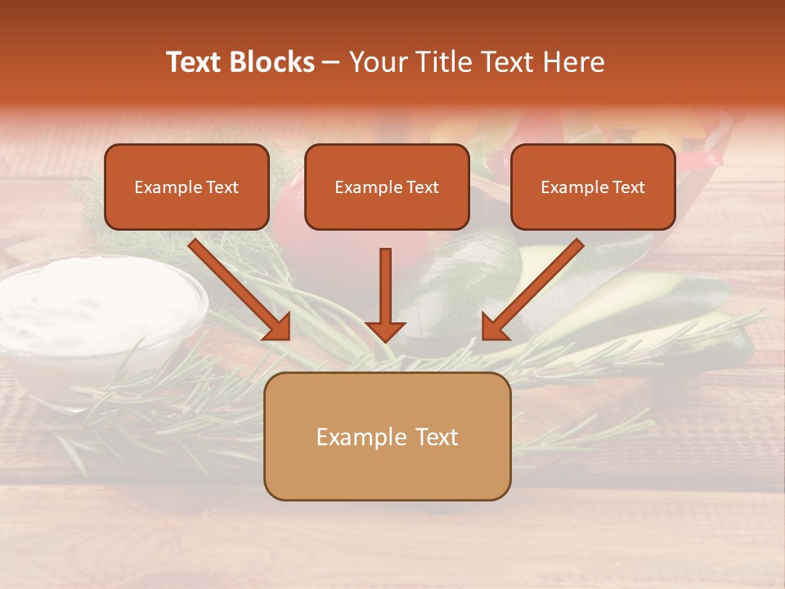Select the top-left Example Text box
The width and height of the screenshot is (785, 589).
(186, 187)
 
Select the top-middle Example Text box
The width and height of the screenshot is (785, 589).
(387, 187)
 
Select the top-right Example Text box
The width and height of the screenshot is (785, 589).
(593, 187)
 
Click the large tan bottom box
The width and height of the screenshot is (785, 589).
(387, 437)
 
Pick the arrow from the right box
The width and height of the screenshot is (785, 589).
(536, 286)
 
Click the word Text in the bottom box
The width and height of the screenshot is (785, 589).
(433, 437)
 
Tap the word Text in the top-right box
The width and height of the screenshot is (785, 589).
(628, 187)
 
